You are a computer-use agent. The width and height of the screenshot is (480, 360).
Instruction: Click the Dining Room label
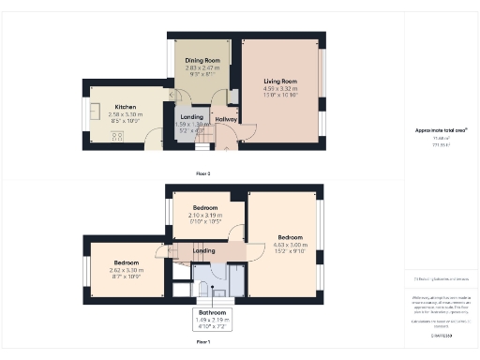click(201, 60)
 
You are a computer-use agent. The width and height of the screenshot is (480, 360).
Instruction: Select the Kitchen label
click(126, 107)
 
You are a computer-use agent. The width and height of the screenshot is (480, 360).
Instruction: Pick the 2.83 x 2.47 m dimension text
click(201, 67)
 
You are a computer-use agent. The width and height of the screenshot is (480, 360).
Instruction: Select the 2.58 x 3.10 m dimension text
click(126, 113)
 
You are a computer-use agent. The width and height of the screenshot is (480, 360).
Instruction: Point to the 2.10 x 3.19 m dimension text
click(205, 215)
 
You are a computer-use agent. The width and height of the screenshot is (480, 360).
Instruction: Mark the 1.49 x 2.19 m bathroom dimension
click(211, 320)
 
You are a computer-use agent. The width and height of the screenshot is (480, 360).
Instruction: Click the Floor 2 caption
click(203, 174)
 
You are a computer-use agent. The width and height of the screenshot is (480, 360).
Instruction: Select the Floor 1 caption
click(203, 343)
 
